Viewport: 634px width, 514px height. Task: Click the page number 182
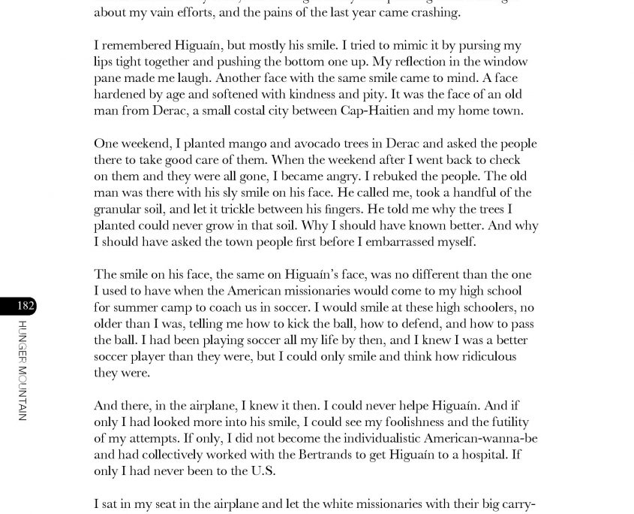tap(25, 306)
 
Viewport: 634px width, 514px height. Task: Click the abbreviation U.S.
tap(257, 471)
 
